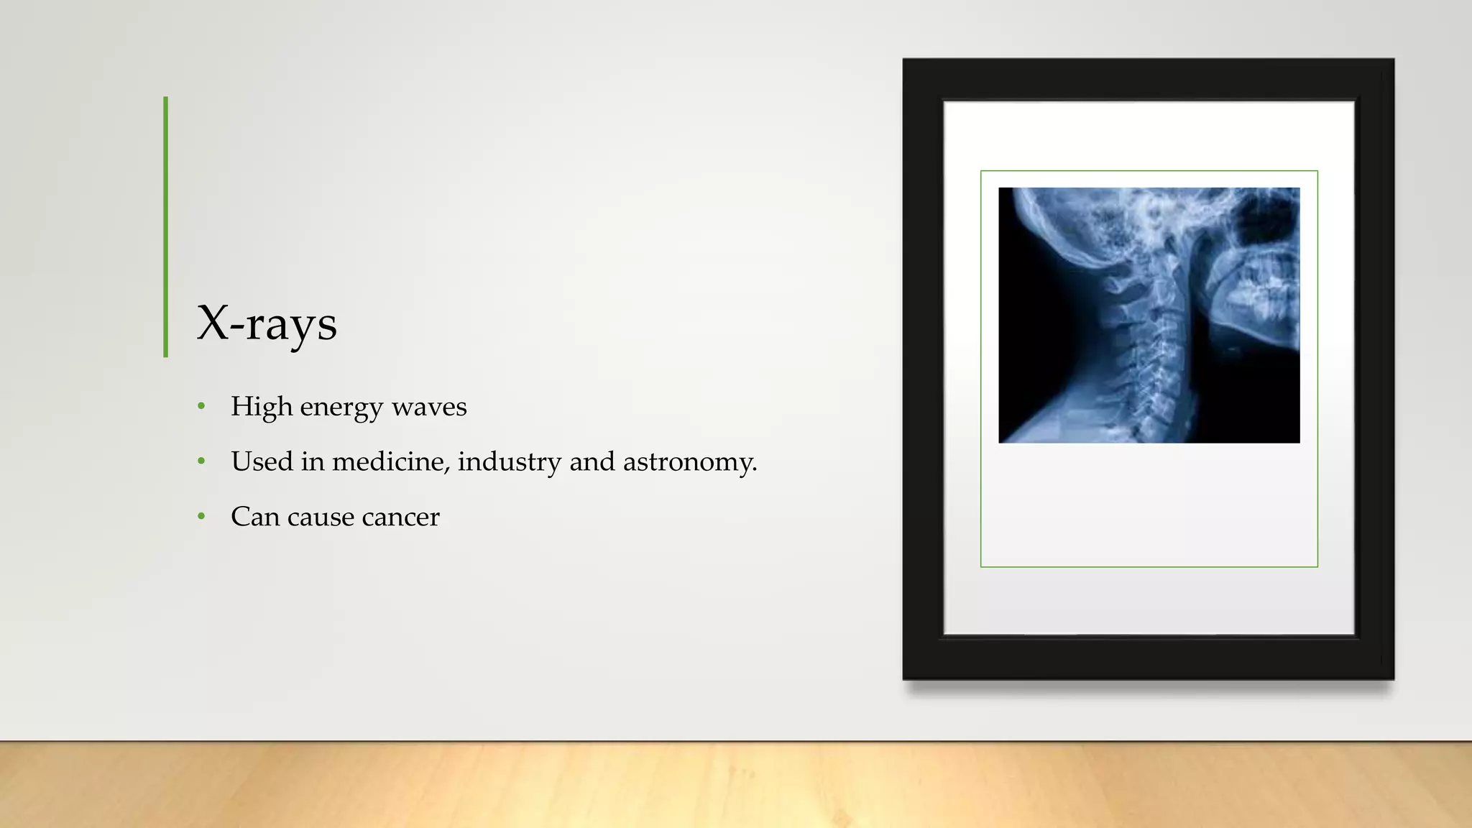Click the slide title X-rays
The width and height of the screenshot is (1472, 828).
point(267,323)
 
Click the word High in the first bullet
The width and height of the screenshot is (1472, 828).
point(261,407)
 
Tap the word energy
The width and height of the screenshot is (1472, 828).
point(341,408)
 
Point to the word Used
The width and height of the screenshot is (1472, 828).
point(262,461)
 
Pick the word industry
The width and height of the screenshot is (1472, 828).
point(509,461)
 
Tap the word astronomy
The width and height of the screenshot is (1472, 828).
point(690,463)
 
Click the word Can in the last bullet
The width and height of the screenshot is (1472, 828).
point(254,517)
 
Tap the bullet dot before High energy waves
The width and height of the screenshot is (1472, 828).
point(201,407)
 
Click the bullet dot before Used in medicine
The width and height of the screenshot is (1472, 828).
point(201,461)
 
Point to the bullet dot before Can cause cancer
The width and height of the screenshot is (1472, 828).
point(201,517)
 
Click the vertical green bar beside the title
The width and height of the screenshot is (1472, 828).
point(166,226)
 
